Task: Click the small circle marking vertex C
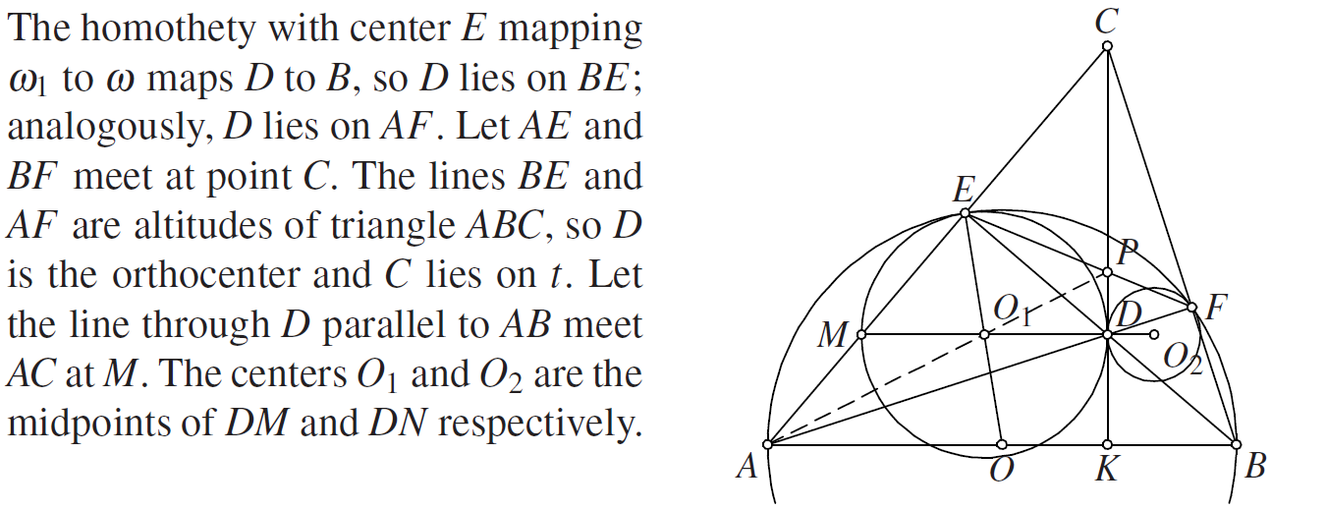pos(1107,46)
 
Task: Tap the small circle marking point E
pos(966,212)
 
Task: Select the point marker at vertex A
pos(768,444)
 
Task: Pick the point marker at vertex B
pos(1236,444)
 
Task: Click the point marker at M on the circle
pos(861,335)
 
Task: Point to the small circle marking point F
pos(1192,308)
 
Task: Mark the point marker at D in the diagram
pos(1107,335)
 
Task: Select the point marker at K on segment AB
pos(1107,444)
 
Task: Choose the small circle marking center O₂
pos(1154,335)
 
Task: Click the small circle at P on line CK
pos(1107,272)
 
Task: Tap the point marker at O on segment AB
pos(1002,444)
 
